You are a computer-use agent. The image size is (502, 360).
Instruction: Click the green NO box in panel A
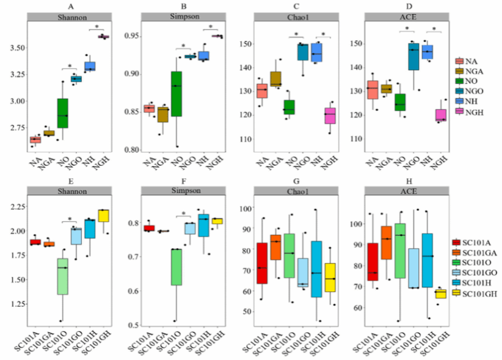[x=62, y=114]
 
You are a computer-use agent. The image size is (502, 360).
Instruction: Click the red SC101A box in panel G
[x=262, y=263]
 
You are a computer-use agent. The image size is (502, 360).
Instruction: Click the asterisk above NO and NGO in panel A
[x=70, y=67]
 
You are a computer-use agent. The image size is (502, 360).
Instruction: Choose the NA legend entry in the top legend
[x=470, y=61]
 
